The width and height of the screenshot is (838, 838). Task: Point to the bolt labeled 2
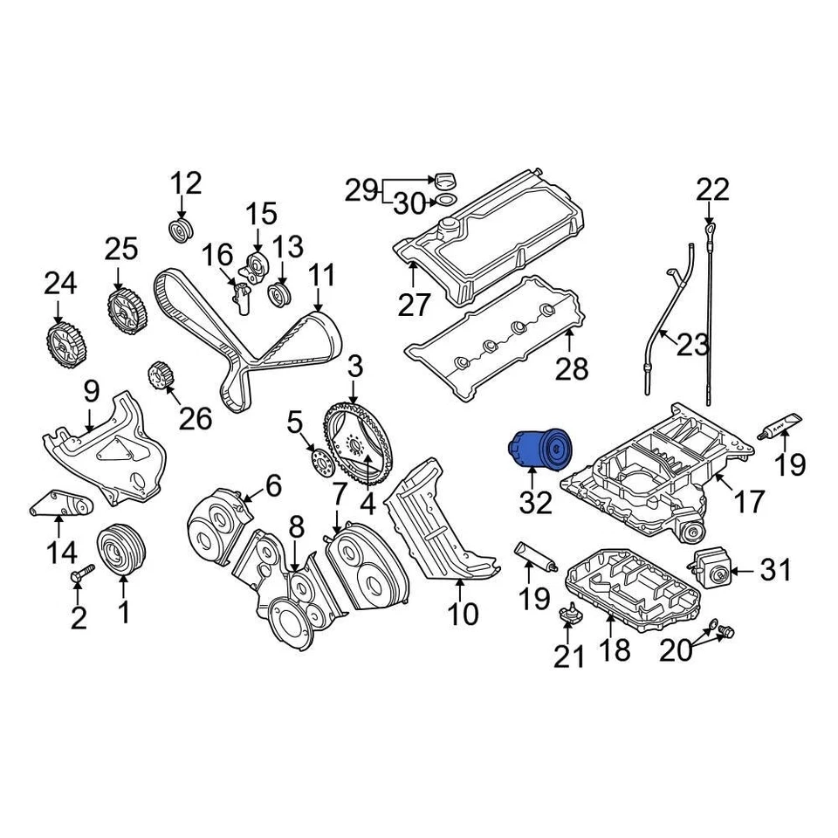pyautogui.click(x=81, y=576)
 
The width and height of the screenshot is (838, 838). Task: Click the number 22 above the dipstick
pyautogui.click(x=711, y=190)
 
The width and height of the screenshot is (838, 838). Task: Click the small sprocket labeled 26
pyautogui.click(x=161, y=377)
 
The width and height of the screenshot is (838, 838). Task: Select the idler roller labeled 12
pyautogui.click(x=181, y=232)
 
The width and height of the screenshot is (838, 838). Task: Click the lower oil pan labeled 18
pyautogui.click(x=633, y=591)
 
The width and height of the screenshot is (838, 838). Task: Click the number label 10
pyautogui.click(x=464, y=614)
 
